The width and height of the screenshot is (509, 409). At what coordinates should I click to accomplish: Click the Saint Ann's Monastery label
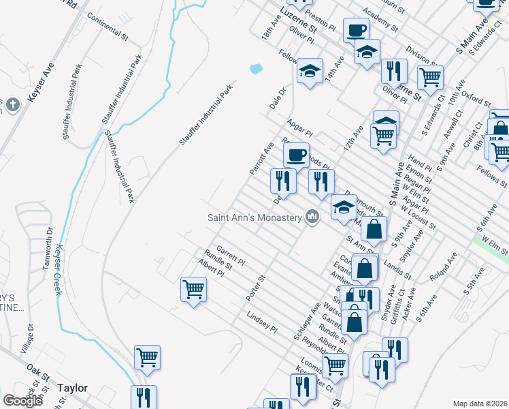pyautogui.click(x=255, y=217)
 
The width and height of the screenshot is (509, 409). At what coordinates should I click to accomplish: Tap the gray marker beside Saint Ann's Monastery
pyautogui.click(x=312, y=217)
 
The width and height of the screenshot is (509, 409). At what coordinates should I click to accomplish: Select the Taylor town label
pyautogui.click(x=72, y=388)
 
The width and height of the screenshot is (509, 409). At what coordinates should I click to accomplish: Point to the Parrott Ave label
pyautogui.click(x=261, y=158)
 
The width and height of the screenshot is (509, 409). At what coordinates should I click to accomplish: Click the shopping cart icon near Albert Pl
pyautogui.click(x=193, y=289)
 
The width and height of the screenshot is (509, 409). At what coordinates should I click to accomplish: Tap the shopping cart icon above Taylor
pyautogui.click(x=147, y=356)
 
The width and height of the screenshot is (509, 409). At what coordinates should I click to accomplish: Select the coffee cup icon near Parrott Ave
pyautogui.click(x=296, y=155)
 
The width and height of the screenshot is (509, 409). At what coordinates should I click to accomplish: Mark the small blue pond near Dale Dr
pyautogui.click(x=256, y=69)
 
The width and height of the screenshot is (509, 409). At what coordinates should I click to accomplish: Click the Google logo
pyautogui.click(x=22, y=401)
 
